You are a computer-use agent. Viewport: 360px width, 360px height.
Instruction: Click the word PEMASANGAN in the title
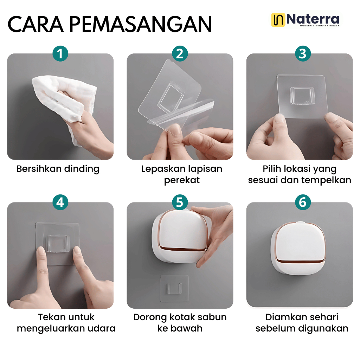tap(140, 24)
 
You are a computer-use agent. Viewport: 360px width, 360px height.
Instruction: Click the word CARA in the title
tap(36, 24)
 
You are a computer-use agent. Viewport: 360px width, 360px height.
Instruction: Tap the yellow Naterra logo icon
tap(278, 20)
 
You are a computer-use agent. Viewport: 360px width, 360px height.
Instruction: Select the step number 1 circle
tap(60, 54)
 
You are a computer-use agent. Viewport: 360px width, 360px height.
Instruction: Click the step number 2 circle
tap(180, 54)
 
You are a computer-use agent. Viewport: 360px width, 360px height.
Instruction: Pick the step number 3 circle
tap(303, 54)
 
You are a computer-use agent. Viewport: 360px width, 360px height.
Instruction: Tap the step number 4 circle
tap(60, 202)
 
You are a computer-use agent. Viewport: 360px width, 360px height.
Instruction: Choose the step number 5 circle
tap(180, 202)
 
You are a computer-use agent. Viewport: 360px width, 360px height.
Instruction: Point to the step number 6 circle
tap(303, 202)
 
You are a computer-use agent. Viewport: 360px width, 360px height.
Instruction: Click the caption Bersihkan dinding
tap(58, 169)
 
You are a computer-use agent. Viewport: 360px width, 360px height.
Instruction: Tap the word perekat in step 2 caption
tap(182, 180)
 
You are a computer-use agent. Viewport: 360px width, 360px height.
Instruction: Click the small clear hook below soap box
tap(174, 288)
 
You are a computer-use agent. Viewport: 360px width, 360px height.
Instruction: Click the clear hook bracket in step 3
tap(302, 96)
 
